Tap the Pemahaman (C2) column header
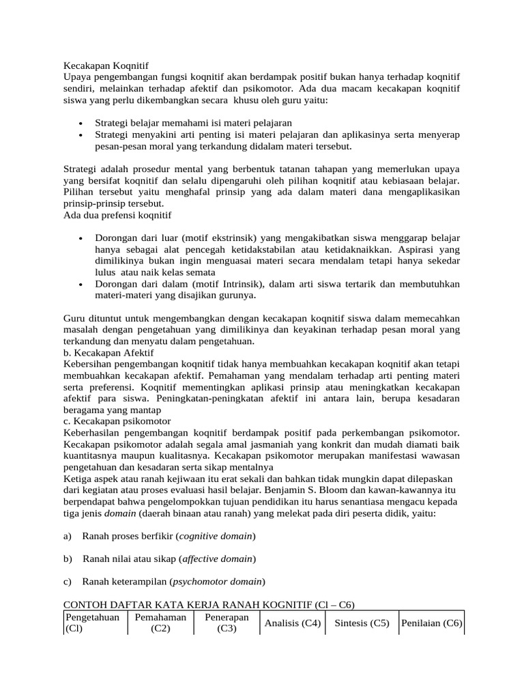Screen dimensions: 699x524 point(160,623)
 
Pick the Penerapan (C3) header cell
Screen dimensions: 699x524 point(226,623)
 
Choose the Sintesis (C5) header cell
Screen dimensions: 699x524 point(362,623)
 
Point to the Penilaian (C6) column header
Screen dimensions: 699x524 point(431,623)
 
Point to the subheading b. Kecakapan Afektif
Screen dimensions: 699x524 point(108,353)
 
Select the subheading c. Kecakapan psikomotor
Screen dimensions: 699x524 point(117,421)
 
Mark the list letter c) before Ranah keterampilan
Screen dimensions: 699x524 point(67,582)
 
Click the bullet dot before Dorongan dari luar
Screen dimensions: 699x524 point(81,238)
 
